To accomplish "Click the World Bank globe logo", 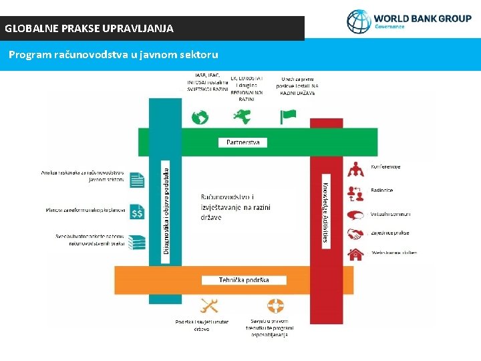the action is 359,21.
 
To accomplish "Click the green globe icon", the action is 200,118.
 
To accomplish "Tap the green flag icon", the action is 288,117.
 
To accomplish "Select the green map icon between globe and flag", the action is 242,116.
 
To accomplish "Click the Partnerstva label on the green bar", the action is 243,142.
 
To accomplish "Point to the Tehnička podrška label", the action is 244,280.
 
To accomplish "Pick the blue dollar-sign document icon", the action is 137,213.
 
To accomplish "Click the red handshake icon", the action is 355,235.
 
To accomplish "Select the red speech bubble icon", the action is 355,215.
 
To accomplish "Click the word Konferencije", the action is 385,166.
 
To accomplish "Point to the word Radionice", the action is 382,191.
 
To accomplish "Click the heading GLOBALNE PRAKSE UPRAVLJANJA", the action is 89,29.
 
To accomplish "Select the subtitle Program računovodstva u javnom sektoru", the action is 114,54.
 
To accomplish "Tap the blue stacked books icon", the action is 137,242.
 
